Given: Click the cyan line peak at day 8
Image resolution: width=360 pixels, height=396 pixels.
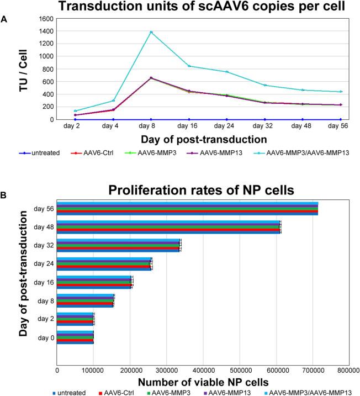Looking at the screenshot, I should (151, 32).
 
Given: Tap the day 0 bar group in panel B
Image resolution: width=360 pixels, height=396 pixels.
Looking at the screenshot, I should (75, 337).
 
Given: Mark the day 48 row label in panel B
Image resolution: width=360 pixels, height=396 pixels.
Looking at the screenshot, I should (43, 226).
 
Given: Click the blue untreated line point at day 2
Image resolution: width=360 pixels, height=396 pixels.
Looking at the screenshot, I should (75, 119).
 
